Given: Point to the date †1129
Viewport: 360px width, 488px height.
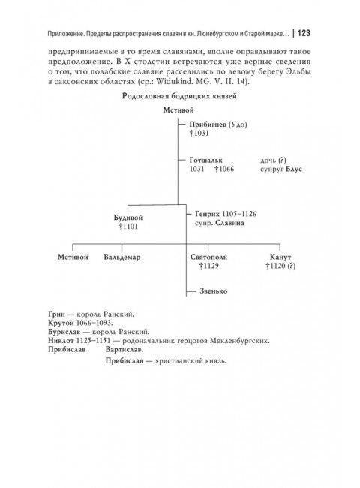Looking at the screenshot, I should pos(208,266).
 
